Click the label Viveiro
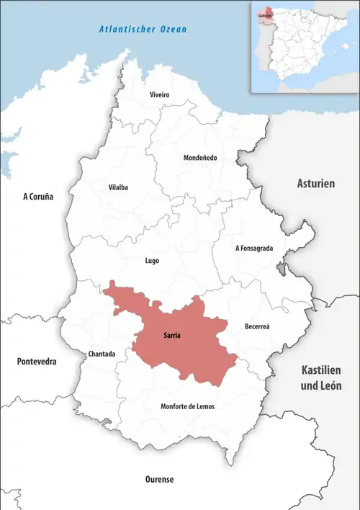coord(159,95)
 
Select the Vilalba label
coord(118,187)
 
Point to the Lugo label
coord(152,261)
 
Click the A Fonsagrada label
coord(254,248)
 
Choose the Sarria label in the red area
coord(171,335)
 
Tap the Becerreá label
coord(256,326)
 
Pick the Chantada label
coord(101,354)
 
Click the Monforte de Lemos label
coord(187,407)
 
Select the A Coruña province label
coord(38,196)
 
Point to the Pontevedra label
coord(37,362)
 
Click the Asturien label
coord(316,184)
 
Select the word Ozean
coord(174,30)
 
